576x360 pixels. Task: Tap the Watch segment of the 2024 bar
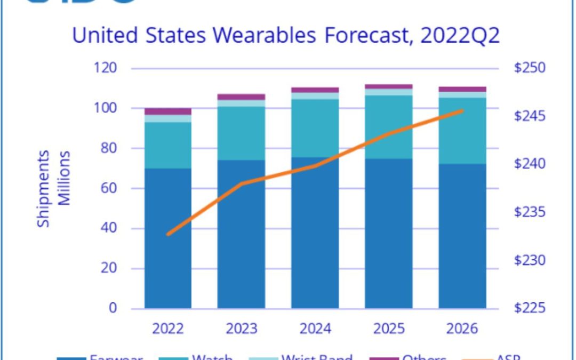315,128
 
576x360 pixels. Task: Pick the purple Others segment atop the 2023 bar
242,97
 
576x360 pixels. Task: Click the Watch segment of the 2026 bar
462,131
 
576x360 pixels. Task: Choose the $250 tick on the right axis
530,68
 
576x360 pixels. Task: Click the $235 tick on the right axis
530,212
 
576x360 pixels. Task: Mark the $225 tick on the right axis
530,308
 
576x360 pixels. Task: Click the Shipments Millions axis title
53,188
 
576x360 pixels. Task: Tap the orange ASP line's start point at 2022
168,234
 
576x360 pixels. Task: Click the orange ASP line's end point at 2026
462,110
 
